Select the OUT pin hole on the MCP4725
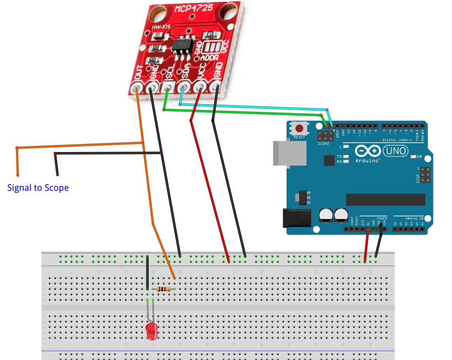click(137, 89)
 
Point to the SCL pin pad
click(168, 89)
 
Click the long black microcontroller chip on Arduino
click(385, 199)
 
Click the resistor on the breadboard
click(163, 289)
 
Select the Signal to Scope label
click(38, 188)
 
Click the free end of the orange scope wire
click(18, 174)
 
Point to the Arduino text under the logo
click(367, 161)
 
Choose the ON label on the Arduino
click(419, 157)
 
